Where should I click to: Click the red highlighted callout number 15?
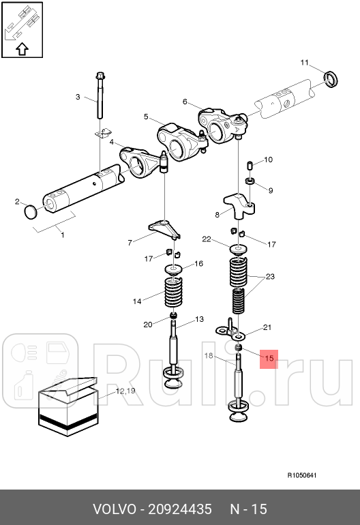tap(269, 358)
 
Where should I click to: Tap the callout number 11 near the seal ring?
tap(304, 63)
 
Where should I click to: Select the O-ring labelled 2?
tap(30, 212)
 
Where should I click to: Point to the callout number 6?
tap(185, 102)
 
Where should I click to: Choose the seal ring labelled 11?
tap(331, 79)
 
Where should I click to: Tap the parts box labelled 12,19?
tap(68, 406)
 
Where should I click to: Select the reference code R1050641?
tap(302, 475)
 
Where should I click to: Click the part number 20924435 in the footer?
tap(180, 509)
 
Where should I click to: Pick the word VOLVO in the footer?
tap(115, 509)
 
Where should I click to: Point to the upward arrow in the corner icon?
tap(22, 49)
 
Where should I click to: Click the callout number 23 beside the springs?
tap(270, 277)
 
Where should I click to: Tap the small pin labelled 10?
tap(249, 166)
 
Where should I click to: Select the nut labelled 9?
tap(250, 181)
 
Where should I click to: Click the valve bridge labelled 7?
tap(164, 229)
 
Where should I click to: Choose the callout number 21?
tap(267, 327)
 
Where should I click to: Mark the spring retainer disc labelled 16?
tap(173, 269)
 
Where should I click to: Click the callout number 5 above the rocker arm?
tap(146, 117)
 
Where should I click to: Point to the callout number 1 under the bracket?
tap(63, 235)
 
